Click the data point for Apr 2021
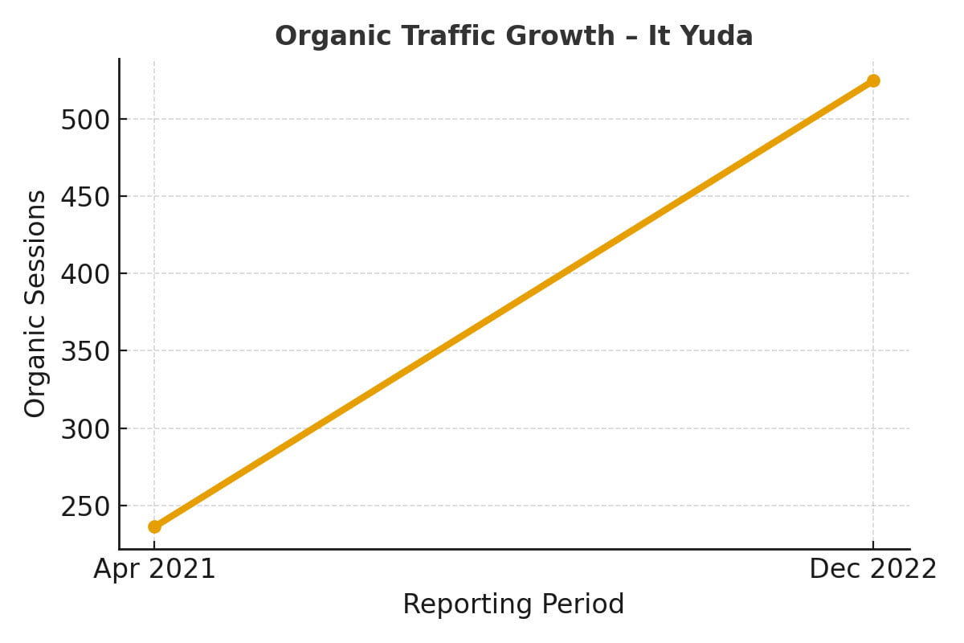click(154, 526)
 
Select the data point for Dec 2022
click(873, 80)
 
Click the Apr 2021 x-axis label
click(154, 569)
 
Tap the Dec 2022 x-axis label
click(872, 569)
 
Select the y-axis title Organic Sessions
click(35, 304)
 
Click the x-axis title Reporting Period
click(513, 604)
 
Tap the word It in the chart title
click(670, 36)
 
